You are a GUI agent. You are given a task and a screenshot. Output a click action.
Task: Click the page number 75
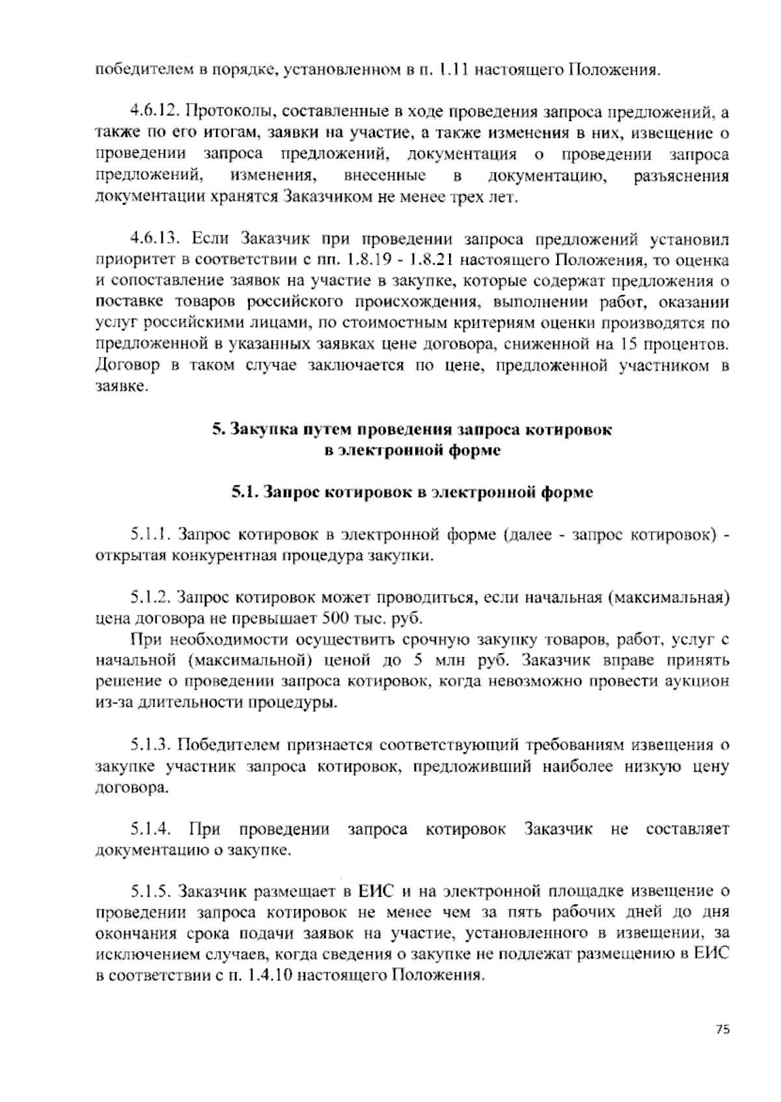722,1030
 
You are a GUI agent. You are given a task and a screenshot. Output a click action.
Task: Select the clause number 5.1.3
149,744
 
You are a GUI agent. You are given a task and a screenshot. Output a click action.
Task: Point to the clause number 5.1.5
149,890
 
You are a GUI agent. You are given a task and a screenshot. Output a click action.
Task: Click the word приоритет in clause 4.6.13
134,261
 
